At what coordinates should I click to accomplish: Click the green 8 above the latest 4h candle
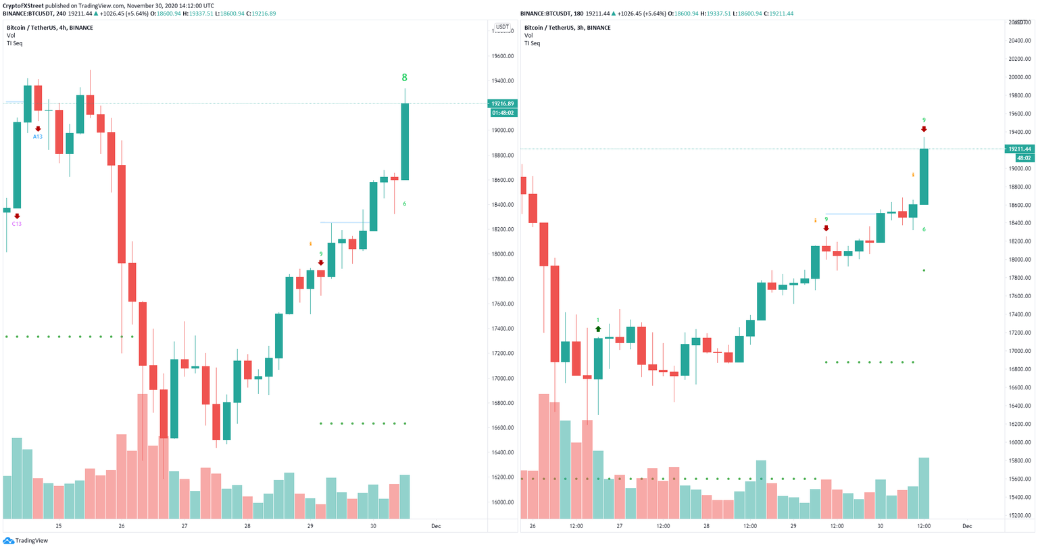click(404, 77)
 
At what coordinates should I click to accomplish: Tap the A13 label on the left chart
click(38, 137)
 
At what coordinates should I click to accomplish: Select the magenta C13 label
click(17, 224)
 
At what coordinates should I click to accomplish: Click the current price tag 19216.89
click(502, 104)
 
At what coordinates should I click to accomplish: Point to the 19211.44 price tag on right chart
click(1019, 149)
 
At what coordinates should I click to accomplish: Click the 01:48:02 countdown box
click(502, 113)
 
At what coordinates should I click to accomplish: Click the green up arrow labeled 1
click(598, 329)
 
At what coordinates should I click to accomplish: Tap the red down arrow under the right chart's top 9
click(924, 129)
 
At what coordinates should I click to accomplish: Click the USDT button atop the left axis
click(502, 28)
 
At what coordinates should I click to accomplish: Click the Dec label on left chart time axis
click(436, 526)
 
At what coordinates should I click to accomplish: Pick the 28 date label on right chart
click(706, 526)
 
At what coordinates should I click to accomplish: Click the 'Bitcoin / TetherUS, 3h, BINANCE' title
click(567, 28)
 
